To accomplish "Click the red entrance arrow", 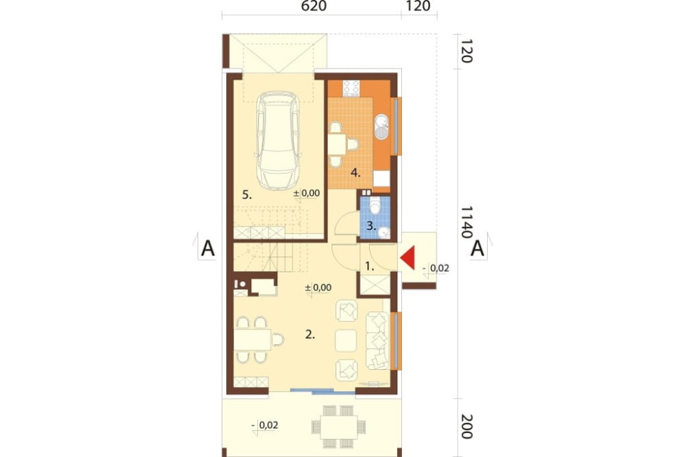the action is pyautogui.click(x=409, y=258).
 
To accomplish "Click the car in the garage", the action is pyautogui.click(x=278, y=141).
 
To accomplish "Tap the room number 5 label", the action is pyautogui.click(x=247, y=195).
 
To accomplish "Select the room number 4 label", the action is pyautogui.click(x=355, y=173).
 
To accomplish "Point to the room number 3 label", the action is pyautogui.click(x=371, y=226).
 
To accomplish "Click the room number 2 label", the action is pyautogui.click(x=310, y=335).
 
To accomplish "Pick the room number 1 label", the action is pyautogui.click(x=370, y=266).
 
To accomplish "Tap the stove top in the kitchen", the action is pyautogui.click(x=351, y=88).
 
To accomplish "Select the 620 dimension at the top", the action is pyautogui.click(x=314, y=6).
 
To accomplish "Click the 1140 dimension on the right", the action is pyautogui.click(x=466, y=222).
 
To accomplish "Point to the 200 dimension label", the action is pyautogui.click(x=466, y=426).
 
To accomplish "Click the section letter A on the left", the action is pyautogui.click(x=208, y=248).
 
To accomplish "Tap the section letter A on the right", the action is pyautogui.click(x=477, y=248).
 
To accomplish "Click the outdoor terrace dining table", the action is pyautogui.click(x=339, y=427).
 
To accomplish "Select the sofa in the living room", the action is pyautogui.click(x=377, y=340).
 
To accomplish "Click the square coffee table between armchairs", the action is pyautogui.click(x=346, y=341).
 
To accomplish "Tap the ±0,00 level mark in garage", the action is pyautogui.click(x=306, y=193).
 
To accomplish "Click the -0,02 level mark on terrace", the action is pyautogui.click(x=265, y=425).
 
